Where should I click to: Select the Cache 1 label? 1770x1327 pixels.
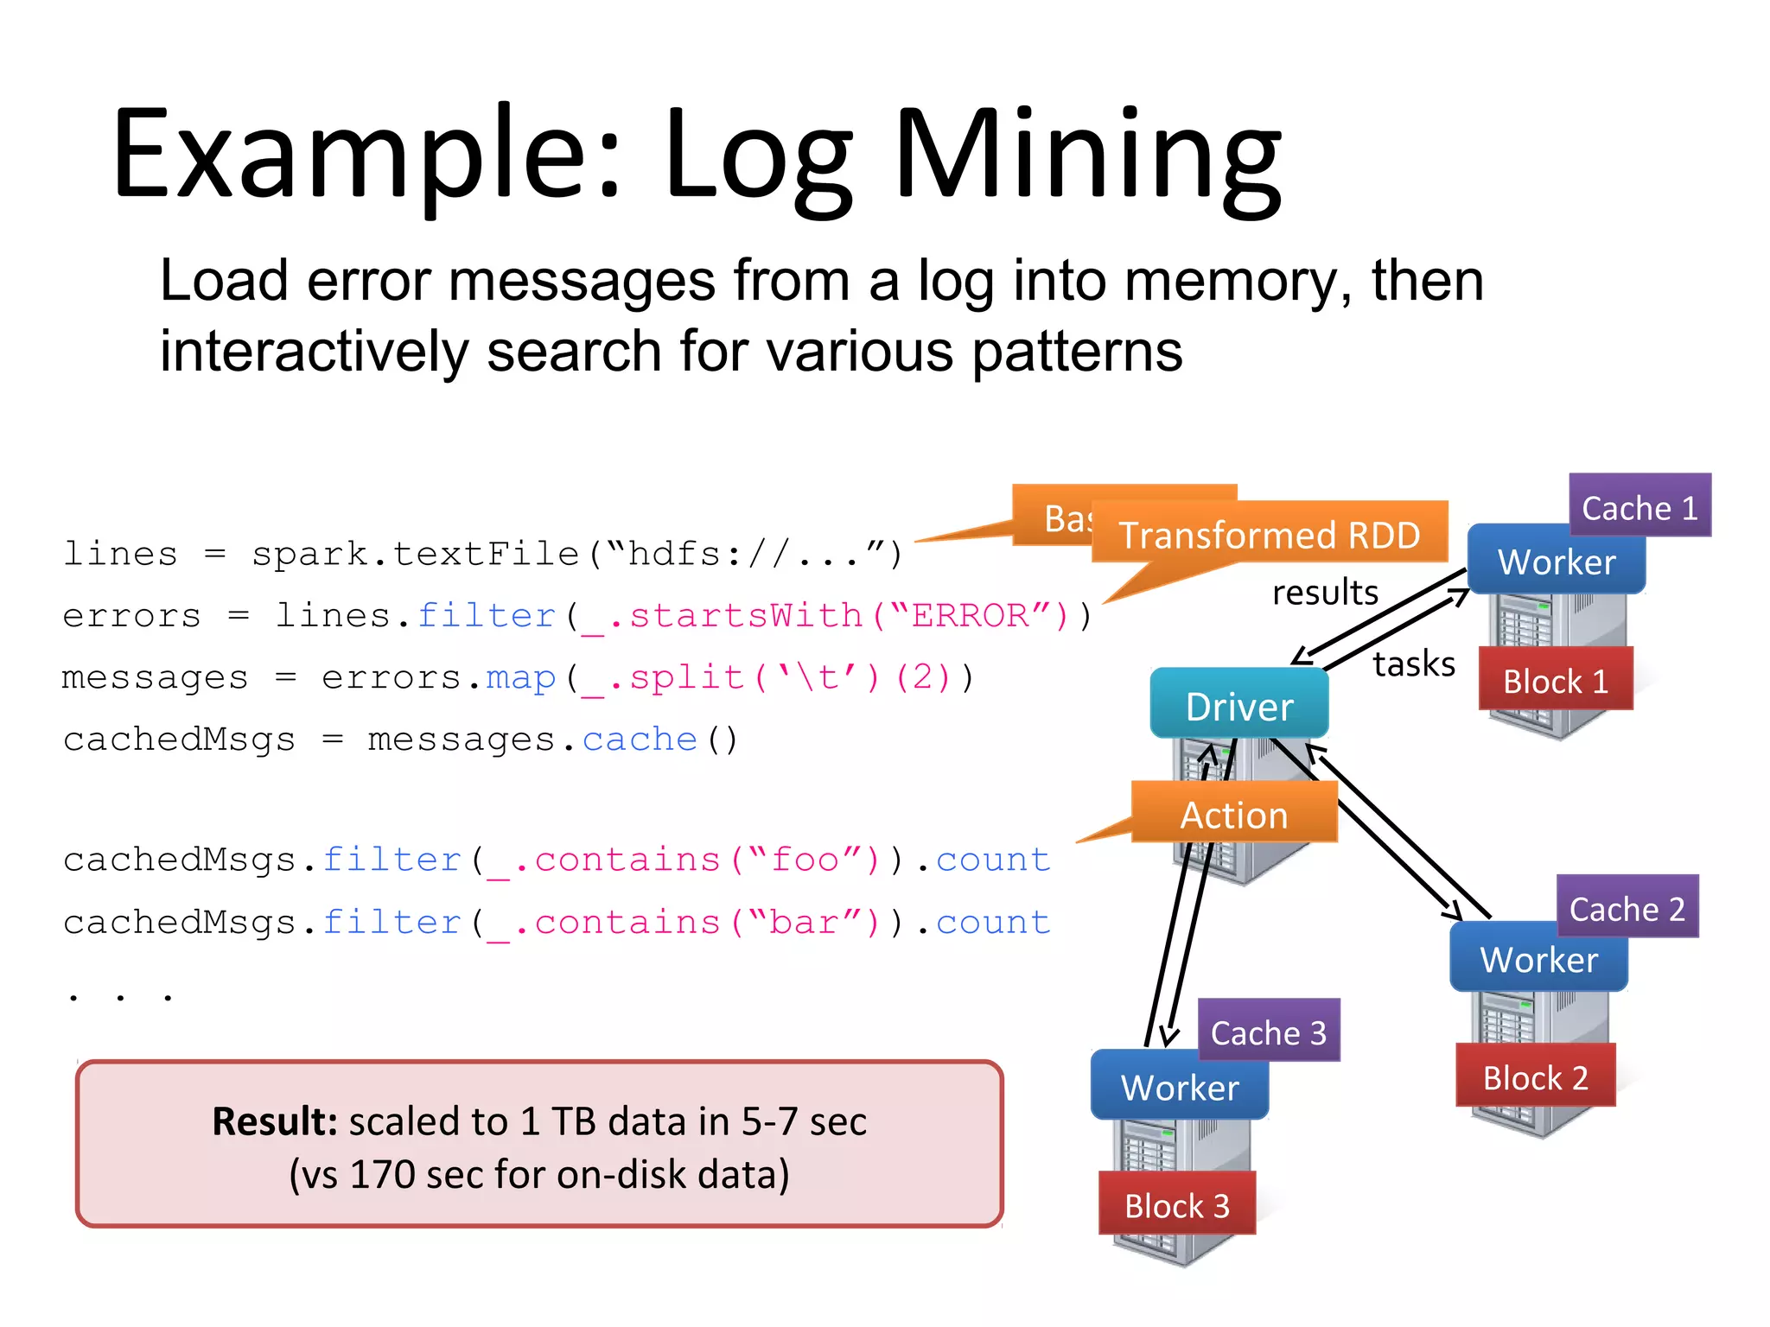(x=1639, y=507)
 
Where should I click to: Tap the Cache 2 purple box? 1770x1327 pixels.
(x=1627, y=908)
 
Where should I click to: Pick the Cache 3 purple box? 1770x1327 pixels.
(x=1269, y=1032)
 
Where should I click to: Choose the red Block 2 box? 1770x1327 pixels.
(x=1535, y=1076)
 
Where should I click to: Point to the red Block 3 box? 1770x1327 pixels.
(x=1176, y=1204)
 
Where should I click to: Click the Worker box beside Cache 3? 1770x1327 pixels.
(x=1179, y=1086)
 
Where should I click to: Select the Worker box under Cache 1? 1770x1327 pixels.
(x=1556, y=561)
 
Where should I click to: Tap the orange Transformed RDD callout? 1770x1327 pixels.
(x=1269, y=534)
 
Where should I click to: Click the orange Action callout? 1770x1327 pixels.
(x=1233, y=814)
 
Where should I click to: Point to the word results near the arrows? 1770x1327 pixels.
(x=1324, y=593)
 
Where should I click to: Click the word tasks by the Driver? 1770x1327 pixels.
(x=1413, y=663)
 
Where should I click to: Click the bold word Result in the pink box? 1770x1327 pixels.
(x=274, y=1121)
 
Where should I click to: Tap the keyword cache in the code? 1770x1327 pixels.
(x=639, y=740)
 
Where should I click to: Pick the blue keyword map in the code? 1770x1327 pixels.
(x=520, y=678)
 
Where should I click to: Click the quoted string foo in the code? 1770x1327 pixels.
(x=805, y=860)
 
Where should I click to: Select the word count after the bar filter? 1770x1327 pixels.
(x=992, y=923)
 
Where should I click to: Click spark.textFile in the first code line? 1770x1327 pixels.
(x=415, y=554)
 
